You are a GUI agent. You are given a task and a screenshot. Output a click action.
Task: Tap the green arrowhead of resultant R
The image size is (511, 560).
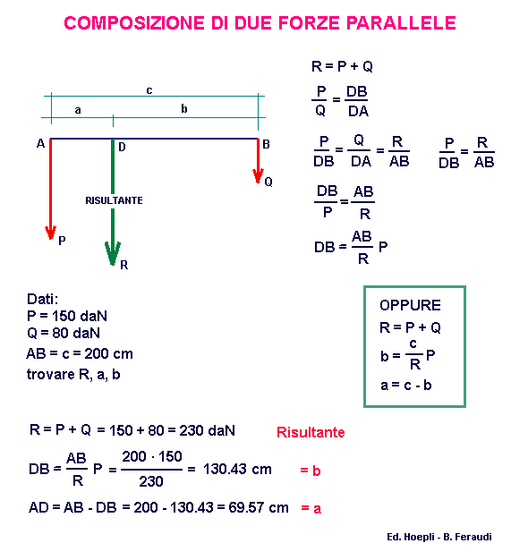pos(113,253)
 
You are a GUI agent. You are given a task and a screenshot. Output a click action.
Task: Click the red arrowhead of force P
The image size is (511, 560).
pos(51,233)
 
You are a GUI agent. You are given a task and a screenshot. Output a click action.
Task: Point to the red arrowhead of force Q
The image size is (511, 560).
pos(258,175)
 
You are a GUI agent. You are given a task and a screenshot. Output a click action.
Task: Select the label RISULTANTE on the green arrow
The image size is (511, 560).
pos(114,200)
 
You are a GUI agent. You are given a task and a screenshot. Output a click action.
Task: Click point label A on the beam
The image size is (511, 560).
pos(40,143)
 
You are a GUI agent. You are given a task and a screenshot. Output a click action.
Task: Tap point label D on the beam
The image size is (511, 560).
pos(122,147)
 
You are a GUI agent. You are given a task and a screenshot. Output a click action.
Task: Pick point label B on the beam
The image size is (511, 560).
pos(266,144)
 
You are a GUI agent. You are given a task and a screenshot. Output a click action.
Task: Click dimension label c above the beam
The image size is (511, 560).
pos(149,90)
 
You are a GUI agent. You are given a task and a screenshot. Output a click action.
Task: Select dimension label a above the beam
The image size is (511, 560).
pos(78,110)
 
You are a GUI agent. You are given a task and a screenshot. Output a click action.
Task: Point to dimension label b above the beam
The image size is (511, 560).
pos(184,108)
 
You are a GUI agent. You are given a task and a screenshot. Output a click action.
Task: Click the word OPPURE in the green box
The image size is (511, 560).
pos(410,305)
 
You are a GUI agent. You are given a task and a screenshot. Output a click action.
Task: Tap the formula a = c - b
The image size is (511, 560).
pos(406,385)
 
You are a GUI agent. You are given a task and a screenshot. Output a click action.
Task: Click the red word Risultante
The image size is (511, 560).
pos(311,432)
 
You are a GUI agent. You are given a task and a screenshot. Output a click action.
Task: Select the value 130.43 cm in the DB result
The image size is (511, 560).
pos(237,469)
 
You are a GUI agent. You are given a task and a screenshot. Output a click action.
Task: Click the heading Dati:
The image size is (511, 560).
pos(42,299)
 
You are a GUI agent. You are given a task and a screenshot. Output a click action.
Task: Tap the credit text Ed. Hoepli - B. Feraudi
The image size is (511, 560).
pos(439,537)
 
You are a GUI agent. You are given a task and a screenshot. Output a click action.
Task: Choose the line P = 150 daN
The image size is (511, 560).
pos(67,316)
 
